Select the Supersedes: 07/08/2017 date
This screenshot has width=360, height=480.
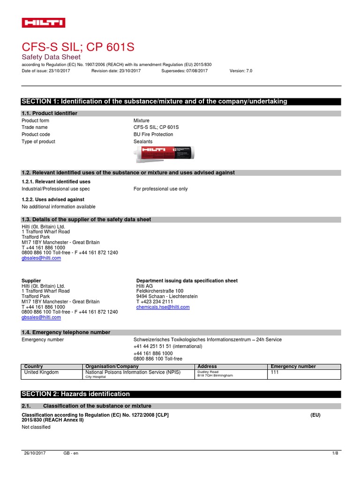click(x=184, y=71)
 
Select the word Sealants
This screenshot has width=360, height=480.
click(x=143, y=142)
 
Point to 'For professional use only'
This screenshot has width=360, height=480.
click(x=160, y=189)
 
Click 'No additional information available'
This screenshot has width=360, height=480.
click(x=59, y=207)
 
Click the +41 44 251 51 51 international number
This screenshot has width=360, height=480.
click(x=168, y=346)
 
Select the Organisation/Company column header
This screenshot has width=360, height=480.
click(x=112, y=367)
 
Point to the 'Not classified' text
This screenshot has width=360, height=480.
click(x=36, y=427)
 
